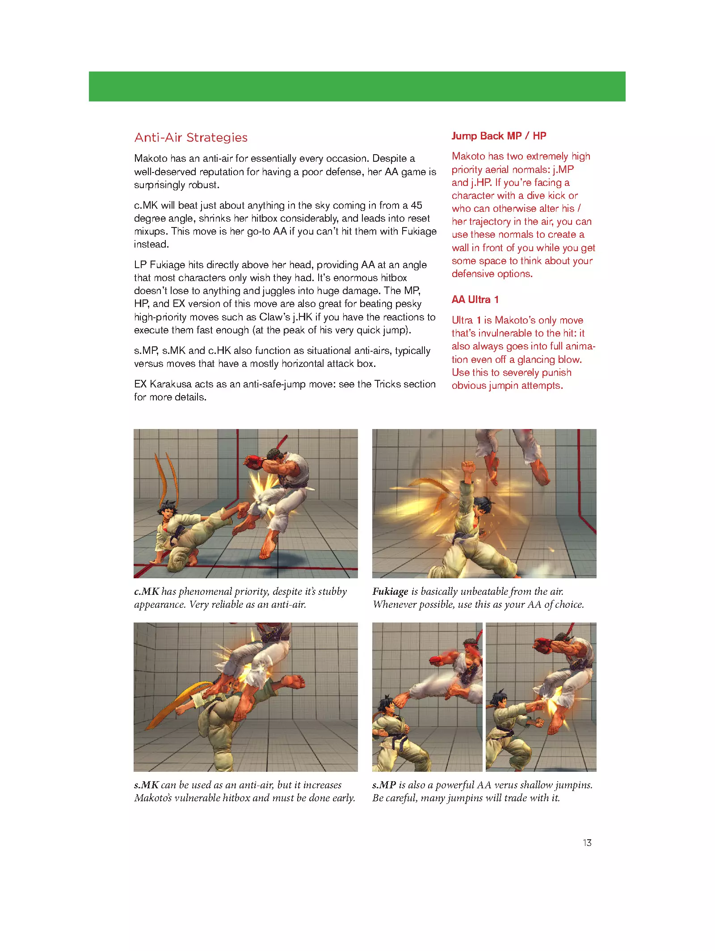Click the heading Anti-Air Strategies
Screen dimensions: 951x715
191,138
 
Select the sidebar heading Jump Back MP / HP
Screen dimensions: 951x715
499,136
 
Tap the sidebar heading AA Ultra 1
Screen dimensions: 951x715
475,299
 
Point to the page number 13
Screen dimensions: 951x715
587,842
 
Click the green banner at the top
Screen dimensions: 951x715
357,86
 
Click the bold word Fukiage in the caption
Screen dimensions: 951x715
390,592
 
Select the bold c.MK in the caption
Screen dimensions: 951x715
146,592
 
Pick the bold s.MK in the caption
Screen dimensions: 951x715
146,785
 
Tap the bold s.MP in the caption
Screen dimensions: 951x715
384,785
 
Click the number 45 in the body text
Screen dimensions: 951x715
416,206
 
